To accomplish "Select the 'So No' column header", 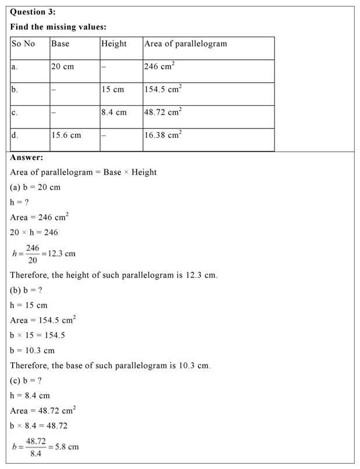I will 23,44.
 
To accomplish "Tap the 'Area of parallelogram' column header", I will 185,44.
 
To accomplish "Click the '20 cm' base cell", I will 62,67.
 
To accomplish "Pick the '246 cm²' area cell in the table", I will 159,66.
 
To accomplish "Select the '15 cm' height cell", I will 112,90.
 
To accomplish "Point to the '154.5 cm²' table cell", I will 163,90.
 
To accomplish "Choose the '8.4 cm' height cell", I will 113,112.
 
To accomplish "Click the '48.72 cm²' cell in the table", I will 163,112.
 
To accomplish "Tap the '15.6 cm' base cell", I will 66,135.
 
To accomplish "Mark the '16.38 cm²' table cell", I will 163,135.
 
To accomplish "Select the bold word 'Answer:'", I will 26,157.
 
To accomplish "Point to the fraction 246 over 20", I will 33,254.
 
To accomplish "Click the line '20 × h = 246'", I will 34,232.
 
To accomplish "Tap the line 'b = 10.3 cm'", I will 32,350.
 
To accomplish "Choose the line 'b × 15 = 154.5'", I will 37,335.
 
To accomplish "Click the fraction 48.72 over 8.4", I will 35,447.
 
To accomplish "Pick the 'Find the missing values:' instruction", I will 58,27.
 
